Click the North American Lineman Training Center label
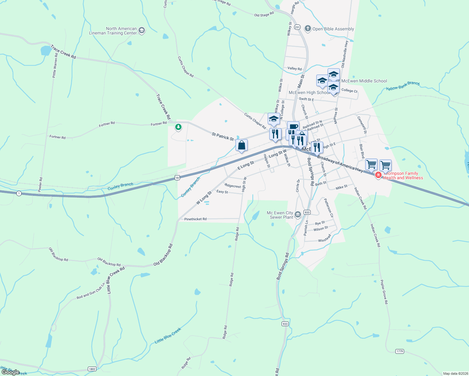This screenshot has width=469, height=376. (113, 31)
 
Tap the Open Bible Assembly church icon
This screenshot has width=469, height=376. (308, 29)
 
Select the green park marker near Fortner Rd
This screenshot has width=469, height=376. (178, 127)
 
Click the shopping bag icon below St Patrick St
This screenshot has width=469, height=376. (241, 145)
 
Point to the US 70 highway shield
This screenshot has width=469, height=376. (177, 178)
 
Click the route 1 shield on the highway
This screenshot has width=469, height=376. (19, 193)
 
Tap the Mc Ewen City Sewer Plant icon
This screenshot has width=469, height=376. (298, 215)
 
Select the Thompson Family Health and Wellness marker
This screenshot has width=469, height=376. (378, 175)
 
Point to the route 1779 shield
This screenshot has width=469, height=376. (399, 351)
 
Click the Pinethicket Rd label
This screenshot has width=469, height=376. (195, 219)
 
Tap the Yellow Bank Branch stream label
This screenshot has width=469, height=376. (403, 86)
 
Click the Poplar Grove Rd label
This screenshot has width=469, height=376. (384, 292)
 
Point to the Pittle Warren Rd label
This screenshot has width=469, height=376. (55, 65)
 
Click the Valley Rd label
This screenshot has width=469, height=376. (294, 68)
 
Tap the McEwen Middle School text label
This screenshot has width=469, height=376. (364, 81)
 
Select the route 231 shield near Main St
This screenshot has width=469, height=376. (298, 27)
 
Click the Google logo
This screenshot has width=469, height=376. (11, 372)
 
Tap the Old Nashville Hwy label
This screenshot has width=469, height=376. (345, 54)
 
